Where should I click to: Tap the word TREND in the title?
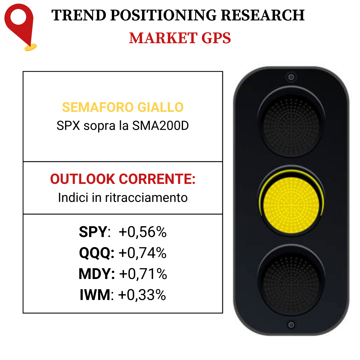point(79,15)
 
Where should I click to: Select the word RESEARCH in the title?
point(263,15)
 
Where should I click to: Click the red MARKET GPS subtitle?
point(180,38)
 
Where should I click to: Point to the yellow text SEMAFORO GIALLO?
point(123,107)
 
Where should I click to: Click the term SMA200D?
point(160,125)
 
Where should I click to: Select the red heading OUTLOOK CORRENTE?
point(123,179)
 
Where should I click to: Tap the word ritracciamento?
point(146,197)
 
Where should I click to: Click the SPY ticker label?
point(93,232)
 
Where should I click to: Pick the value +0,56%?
point(142,232)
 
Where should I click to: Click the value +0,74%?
point(142,253)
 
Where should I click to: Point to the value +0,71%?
point(143,274)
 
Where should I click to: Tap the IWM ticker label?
point(95,295)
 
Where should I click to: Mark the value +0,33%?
point(142,295)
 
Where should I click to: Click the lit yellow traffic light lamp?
point(291,205)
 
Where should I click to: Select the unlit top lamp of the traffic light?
point(291,126)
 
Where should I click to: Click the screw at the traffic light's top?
point(291,77)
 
